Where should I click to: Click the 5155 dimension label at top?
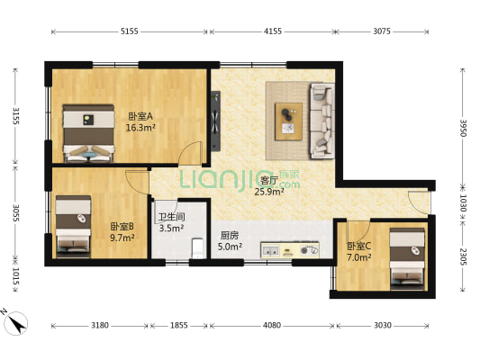pyautogui.click(x=129, y=31)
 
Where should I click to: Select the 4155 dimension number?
pyautogui.click(x=273, y=31)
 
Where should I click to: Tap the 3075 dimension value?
pyautogui.click(x=382, y=31)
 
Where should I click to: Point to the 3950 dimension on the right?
pyautogui.click(x=463, y=128)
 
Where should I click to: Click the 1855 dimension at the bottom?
pyautogui.click(x=179, y=325)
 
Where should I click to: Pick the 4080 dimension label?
pyautogui.click(x=272, y=325)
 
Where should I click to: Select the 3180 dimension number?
pyautogui.click(x=100, y=325)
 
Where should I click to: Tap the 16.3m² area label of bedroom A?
pyautogui.click(x=140, y=128)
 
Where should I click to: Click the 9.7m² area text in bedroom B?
pyautogui.click(x=122, y=238)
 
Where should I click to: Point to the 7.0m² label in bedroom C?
pyautogui.click(x=359, y=257)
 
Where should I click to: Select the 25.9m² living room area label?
pyautogui.click(x=269, y=192)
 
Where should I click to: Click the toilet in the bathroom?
pyautogui.click(x=198, y=247)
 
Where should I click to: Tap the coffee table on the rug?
pyautogui.click(x=288, y=121)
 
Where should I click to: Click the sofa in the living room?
pyautogui.click(x=322, y=121)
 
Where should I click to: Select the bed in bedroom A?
pyautogui.click(x=88, y=133)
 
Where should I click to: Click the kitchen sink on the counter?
pyautogui.click(x=270, y=250)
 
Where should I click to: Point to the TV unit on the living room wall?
pyautogui.click(x=216, y=121)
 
